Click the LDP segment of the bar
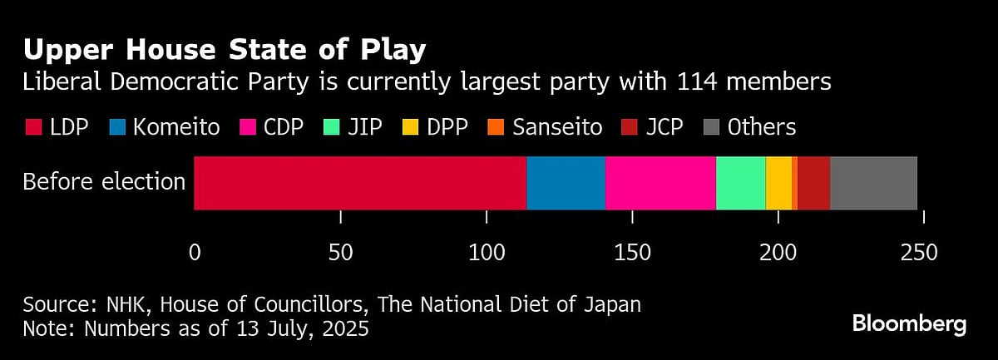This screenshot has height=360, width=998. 359,183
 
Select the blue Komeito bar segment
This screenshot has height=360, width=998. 566,183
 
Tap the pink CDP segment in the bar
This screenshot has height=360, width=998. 660,183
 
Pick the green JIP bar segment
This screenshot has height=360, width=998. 740,183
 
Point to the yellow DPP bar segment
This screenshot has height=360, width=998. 778,183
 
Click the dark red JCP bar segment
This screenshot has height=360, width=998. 813,183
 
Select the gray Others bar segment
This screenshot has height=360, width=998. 873,183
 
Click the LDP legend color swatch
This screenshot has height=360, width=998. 32,127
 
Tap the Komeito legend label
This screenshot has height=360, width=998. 175,127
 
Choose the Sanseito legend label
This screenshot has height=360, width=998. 557,127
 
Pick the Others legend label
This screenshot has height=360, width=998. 761,127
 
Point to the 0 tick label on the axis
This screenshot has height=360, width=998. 195,253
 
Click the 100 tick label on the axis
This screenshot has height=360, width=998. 487,253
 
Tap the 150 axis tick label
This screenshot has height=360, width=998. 632,253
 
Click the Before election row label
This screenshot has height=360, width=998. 104,182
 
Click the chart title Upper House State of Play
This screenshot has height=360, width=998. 225,50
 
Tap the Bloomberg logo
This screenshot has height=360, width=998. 909,323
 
